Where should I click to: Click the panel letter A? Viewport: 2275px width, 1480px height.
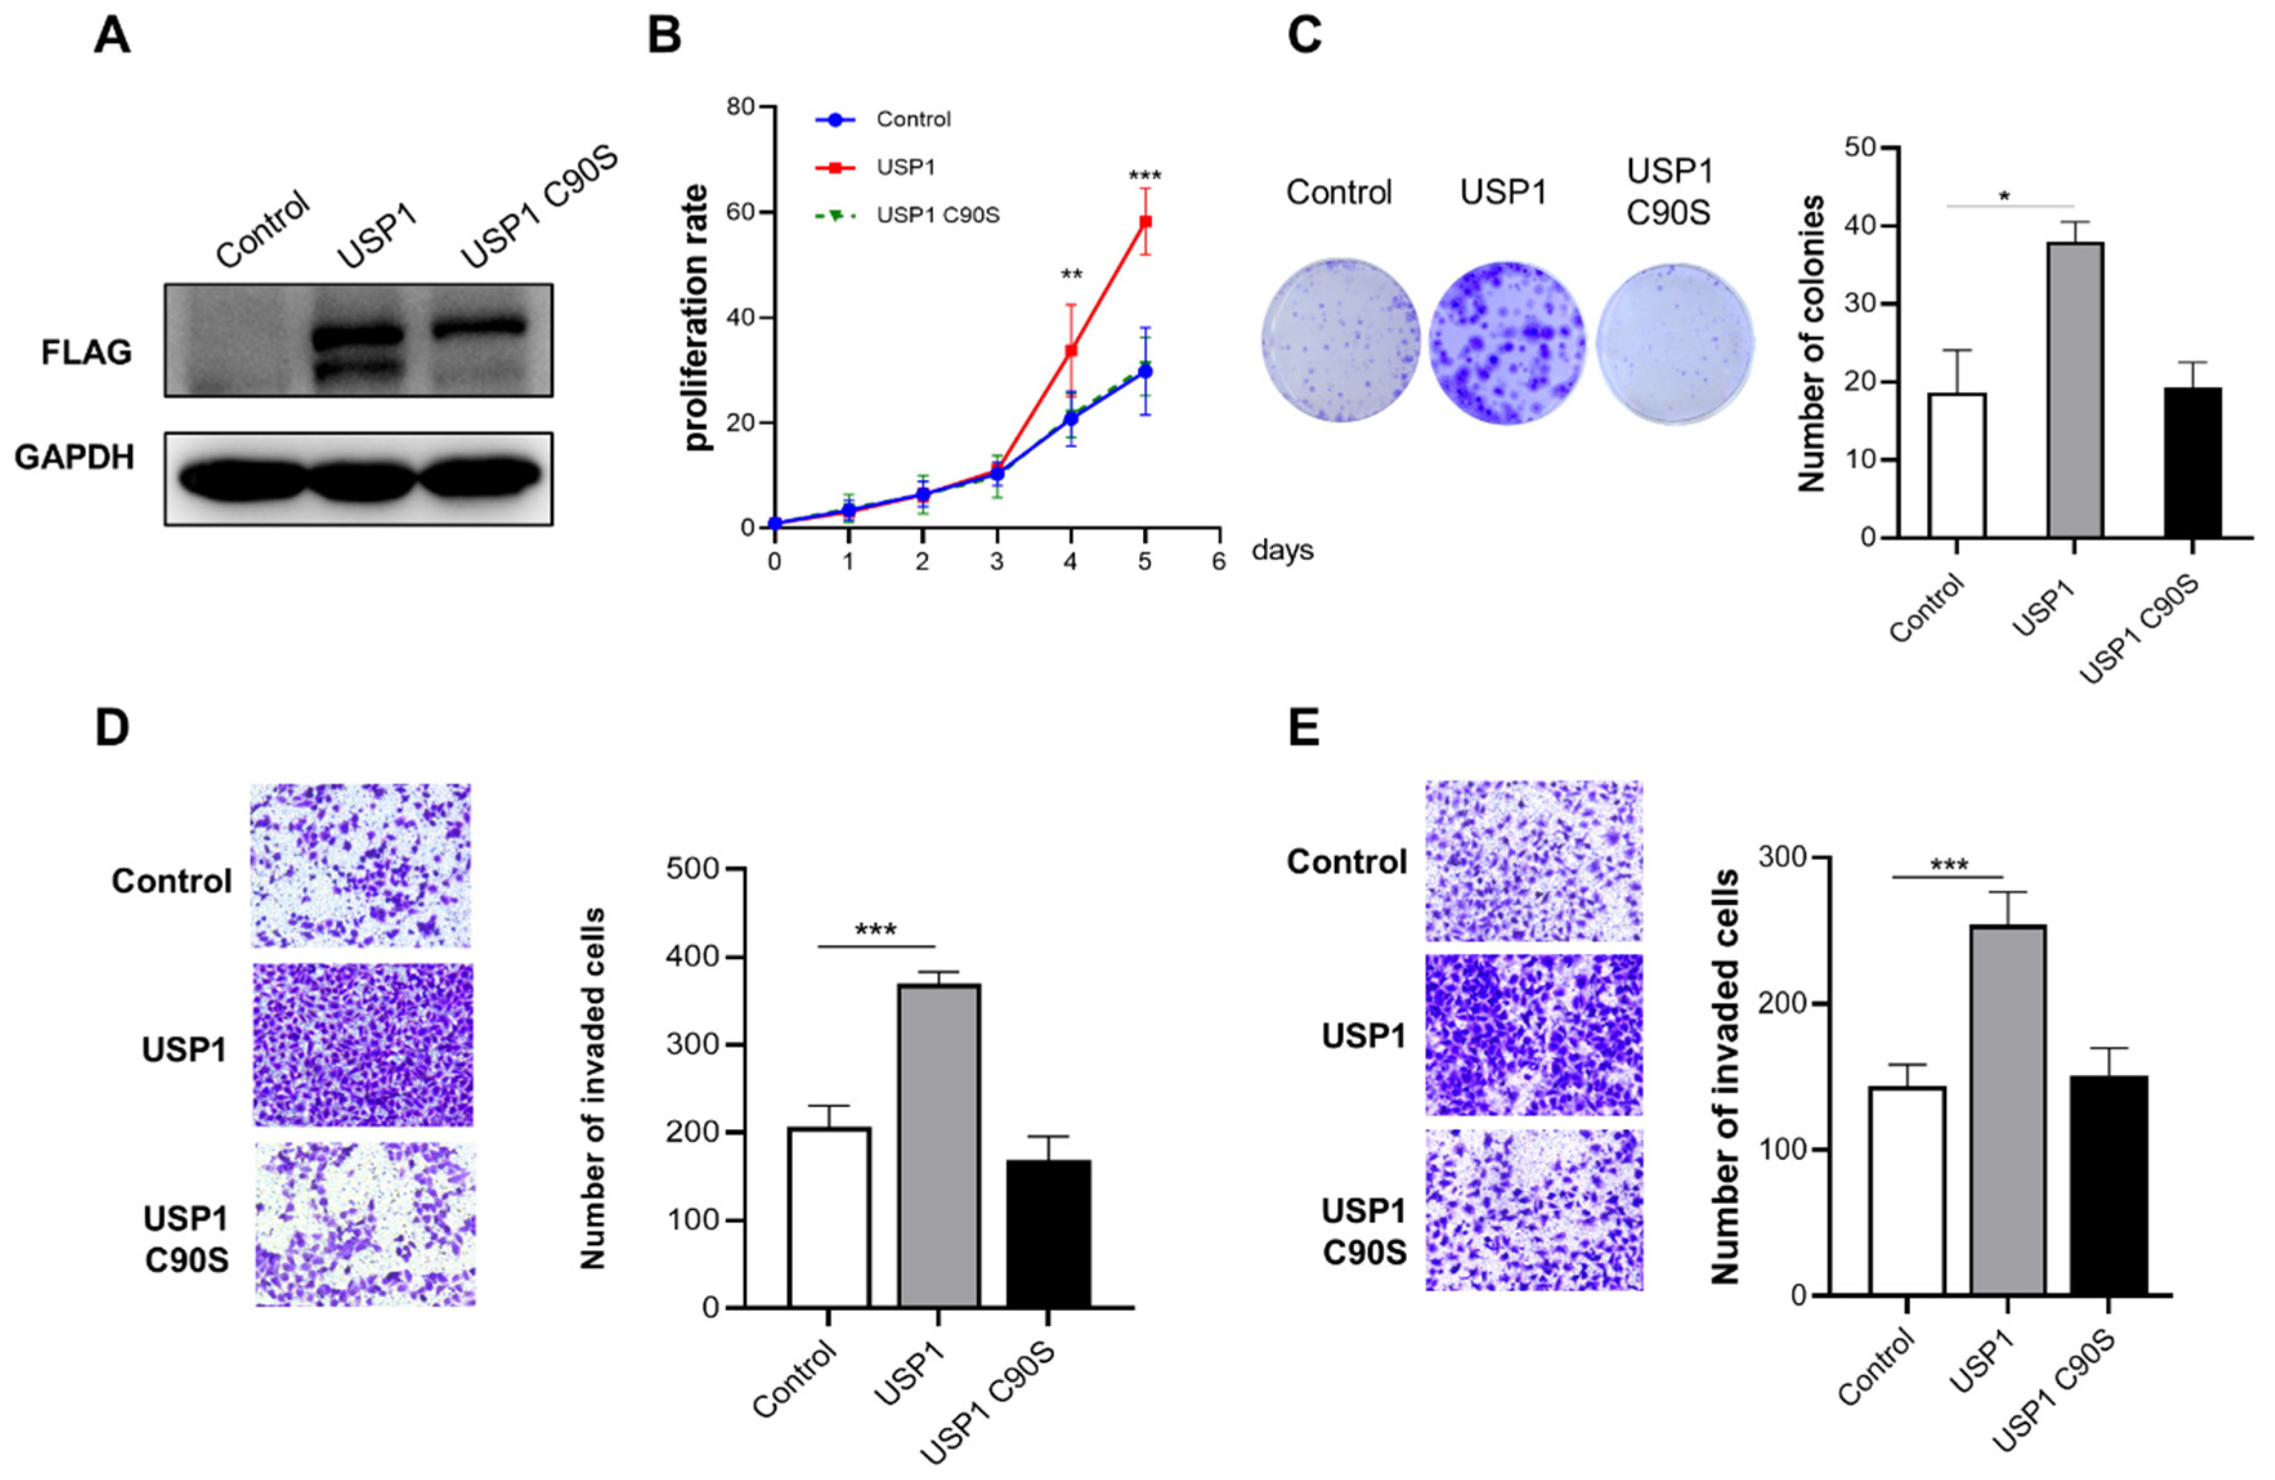(x=112, y=38)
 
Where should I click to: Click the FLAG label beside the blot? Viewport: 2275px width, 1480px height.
(x=86, y=353)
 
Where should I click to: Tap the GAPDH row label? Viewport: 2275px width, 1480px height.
(x=75, y=458)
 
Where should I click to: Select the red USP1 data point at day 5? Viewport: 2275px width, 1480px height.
(x=1144, y=222)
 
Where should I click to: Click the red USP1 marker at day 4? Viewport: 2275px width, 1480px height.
(x=1071, y=351)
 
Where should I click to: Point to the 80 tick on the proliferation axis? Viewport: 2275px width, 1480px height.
(x=740, y=106)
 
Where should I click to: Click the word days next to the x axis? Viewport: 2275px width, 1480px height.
(x=1282, y=550)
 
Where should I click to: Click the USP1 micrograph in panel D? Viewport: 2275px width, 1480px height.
(x=362, y=1045)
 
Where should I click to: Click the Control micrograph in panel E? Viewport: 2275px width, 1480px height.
(x=1533, y=861)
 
